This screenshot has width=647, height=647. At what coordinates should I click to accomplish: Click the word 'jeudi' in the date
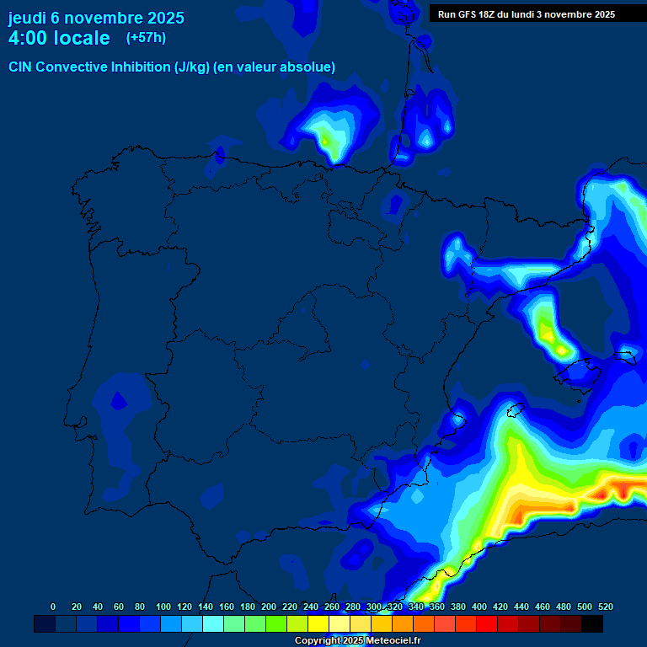[28, 18]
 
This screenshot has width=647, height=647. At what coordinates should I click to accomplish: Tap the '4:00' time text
[28, 38]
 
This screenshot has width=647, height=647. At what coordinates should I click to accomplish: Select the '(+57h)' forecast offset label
[146, 37]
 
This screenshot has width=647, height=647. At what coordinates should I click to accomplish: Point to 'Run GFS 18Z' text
[466, 14]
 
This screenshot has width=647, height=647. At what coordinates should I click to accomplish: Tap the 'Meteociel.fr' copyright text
[393, 641]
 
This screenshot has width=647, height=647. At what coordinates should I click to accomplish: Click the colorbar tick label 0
[53, 607]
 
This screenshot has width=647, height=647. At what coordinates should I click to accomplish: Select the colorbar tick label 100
[163, 607]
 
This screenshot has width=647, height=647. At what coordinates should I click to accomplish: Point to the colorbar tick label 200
[269, 607]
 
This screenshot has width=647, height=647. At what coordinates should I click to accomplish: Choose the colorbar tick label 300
[374, 607]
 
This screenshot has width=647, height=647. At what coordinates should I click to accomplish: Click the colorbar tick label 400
[479, 607]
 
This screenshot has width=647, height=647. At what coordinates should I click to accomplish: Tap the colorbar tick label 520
[605, 607]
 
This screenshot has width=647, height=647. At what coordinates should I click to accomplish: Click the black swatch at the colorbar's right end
[592, 623]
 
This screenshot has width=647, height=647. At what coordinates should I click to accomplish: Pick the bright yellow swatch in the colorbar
[318, 623]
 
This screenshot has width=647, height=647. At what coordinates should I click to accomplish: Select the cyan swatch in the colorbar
[213, 623]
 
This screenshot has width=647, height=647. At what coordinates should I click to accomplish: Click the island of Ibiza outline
[515, 411]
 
